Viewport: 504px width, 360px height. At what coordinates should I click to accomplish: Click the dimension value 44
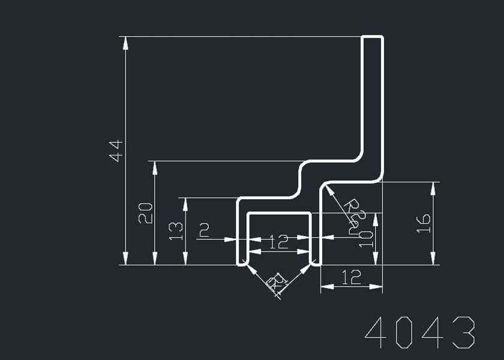(116, 150)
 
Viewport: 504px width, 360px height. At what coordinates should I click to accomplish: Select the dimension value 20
(146, 213)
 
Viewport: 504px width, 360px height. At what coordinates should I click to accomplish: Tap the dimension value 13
(176, 230)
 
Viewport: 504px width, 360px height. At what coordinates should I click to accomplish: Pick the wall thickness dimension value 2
(205, 230)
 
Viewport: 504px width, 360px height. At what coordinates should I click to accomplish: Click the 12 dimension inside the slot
(278, 242)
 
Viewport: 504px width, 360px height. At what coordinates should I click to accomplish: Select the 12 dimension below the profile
(351, 277)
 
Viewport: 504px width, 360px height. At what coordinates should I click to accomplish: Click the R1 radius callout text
(277, 281)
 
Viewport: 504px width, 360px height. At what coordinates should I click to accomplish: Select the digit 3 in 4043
(464, 331)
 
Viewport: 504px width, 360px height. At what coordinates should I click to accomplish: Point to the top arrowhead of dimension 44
(125, 41)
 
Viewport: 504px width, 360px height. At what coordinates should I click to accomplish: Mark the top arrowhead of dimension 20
(155, 166)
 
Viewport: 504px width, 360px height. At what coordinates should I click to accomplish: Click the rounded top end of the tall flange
(373, 37)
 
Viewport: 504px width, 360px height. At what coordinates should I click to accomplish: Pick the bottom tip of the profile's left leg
(242, 263)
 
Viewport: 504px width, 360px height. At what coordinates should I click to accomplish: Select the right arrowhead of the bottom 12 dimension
(378, 287)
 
